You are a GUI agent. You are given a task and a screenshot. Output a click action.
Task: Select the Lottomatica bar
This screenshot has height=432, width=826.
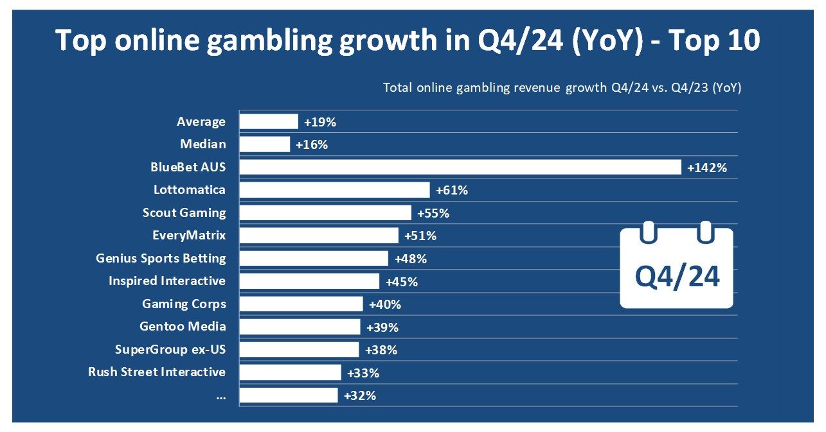tap(334, 190)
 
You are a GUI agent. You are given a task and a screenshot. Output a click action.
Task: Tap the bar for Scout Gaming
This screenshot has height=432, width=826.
tap(325, 212)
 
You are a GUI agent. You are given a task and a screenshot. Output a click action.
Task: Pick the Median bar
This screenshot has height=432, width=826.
tap(264, 144)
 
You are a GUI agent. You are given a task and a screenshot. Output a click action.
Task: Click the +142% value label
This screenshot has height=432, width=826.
tap(706, 168)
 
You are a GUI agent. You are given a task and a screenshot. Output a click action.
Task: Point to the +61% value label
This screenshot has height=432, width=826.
tap(451, 190)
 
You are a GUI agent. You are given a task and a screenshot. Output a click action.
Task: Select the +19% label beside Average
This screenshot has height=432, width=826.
tap(320, 122)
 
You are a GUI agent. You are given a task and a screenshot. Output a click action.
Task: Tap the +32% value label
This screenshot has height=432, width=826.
tap(360, 395)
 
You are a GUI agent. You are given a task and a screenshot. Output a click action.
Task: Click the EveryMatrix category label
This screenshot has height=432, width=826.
tap(189, 235)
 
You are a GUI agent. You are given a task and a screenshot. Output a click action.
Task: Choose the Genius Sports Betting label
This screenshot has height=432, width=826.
tap(161, 258)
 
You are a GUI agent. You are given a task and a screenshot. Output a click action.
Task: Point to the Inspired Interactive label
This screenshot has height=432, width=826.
tap(167, 281)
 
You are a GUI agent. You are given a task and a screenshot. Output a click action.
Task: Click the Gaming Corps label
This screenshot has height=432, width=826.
tap(184, 304)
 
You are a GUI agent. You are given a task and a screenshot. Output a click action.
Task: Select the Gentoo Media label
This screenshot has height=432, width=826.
tap(183, 326)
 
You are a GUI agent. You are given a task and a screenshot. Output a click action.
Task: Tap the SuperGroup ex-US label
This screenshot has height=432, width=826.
tap(170, 349)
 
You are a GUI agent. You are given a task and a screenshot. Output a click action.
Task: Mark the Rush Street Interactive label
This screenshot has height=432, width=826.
tap(157, 372)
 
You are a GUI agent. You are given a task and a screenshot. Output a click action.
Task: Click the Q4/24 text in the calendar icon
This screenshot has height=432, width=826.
tap(677, 277)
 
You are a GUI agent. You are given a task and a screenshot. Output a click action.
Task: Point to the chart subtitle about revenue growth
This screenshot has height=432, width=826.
tap(562, 87)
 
